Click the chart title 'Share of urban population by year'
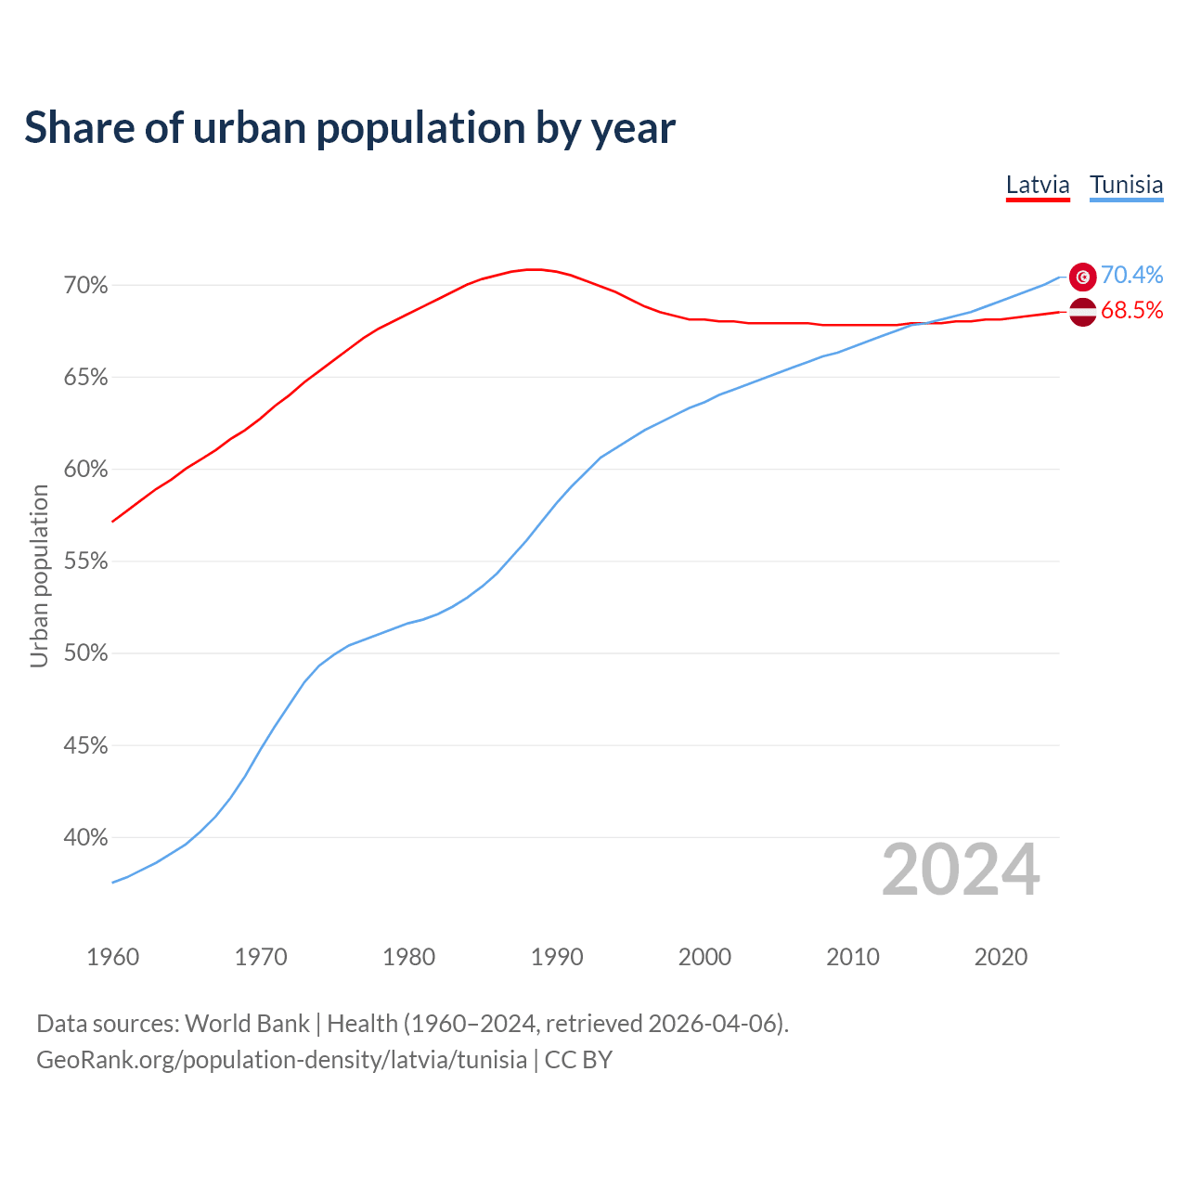coord(349,128)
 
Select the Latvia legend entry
coord(1038,185)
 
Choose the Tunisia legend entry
coord(1126,185)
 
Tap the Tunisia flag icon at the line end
coord(1082,277)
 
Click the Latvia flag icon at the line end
coord(1082,312)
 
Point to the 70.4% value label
coord(1131,275)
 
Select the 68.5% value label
coord(1131,311)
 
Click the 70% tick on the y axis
coord(85,286)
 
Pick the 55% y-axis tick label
coord(85,562)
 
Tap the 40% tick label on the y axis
coord(85,838)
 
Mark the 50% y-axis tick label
coord(85,653)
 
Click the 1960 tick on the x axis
coord(112,957)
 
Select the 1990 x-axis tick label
coord(557,957)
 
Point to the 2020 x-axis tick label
coord(1001,957)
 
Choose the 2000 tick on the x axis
coord(704,957)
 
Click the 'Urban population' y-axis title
coord(39,575)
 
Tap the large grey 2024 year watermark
coord(961,870)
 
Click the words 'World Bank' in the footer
coord(247,1024)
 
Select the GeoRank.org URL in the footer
coord(281,1060)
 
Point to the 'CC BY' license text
coord(578,1060)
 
